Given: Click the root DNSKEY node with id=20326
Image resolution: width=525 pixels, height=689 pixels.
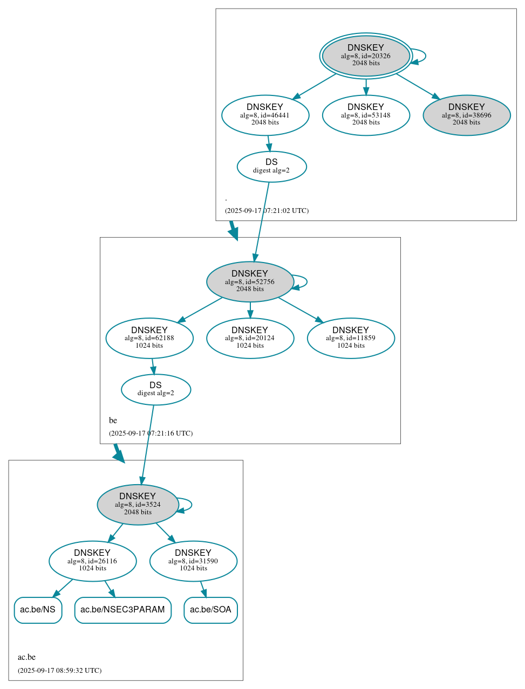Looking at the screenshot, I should [x=366, y=56].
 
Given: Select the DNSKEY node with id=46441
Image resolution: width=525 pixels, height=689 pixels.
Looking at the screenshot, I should [x=265, y=115].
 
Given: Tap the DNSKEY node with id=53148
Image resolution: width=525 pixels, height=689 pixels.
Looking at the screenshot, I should [x=366, y=115].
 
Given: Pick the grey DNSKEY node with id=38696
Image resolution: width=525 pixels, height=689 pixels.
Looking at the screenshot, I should [x=466, y=115].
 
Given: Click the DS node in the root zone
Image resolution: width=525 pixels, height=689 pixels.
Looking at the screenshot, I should [x=271, y=167].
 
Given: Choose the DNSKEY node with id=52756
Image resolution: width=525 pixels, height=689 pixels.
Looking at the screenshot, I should [x=250, y=281].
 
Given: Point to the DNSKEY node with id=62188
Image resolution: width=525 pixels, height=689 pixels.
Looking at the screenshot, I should [x=149, y=338].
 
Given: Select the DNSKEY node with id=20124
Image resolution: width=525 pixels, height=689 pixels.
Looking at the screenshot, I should [x=250, y=338].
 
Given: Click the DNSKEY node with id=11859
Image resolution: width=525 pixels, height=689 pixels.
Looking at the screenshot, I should [x=351, y=338].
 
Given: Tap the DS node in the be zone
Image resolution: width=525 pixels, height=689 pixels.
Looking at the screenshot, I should [x=155, y=389].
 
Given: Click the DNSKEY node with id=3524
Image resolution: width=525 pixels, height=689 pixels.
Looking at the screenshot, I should [x=138, y=504].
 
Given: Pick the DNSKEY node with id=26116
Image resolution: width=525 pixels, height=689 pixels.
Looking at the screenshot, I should [x=92, y=561].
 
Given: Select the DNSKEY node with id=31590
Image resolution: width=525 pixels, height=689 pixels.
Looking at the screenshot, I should [x=193, y=561].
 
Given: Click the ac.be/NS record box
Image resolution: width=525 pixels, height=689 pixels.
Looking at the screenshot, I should [x=38, y=610].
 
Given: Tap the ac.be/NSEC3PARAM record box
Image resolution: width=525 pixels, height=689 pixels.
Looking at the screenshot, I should [x=122, y=610].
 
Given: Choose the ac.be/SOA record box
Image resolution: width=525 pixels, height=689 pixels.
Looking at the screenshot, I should [x=210, y=610].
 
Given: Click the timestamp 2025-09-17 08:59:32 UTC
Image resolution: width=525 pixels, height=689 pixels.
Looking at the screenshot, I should [x=59, y=671].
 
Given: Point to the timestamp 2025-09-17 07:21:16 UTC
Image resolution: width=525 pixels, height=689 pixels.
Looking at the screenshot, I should [x=151, y=433].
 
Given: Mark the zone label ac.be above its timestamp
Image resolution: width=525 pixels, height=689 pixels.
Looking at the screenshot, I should [x=26, y=657].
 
